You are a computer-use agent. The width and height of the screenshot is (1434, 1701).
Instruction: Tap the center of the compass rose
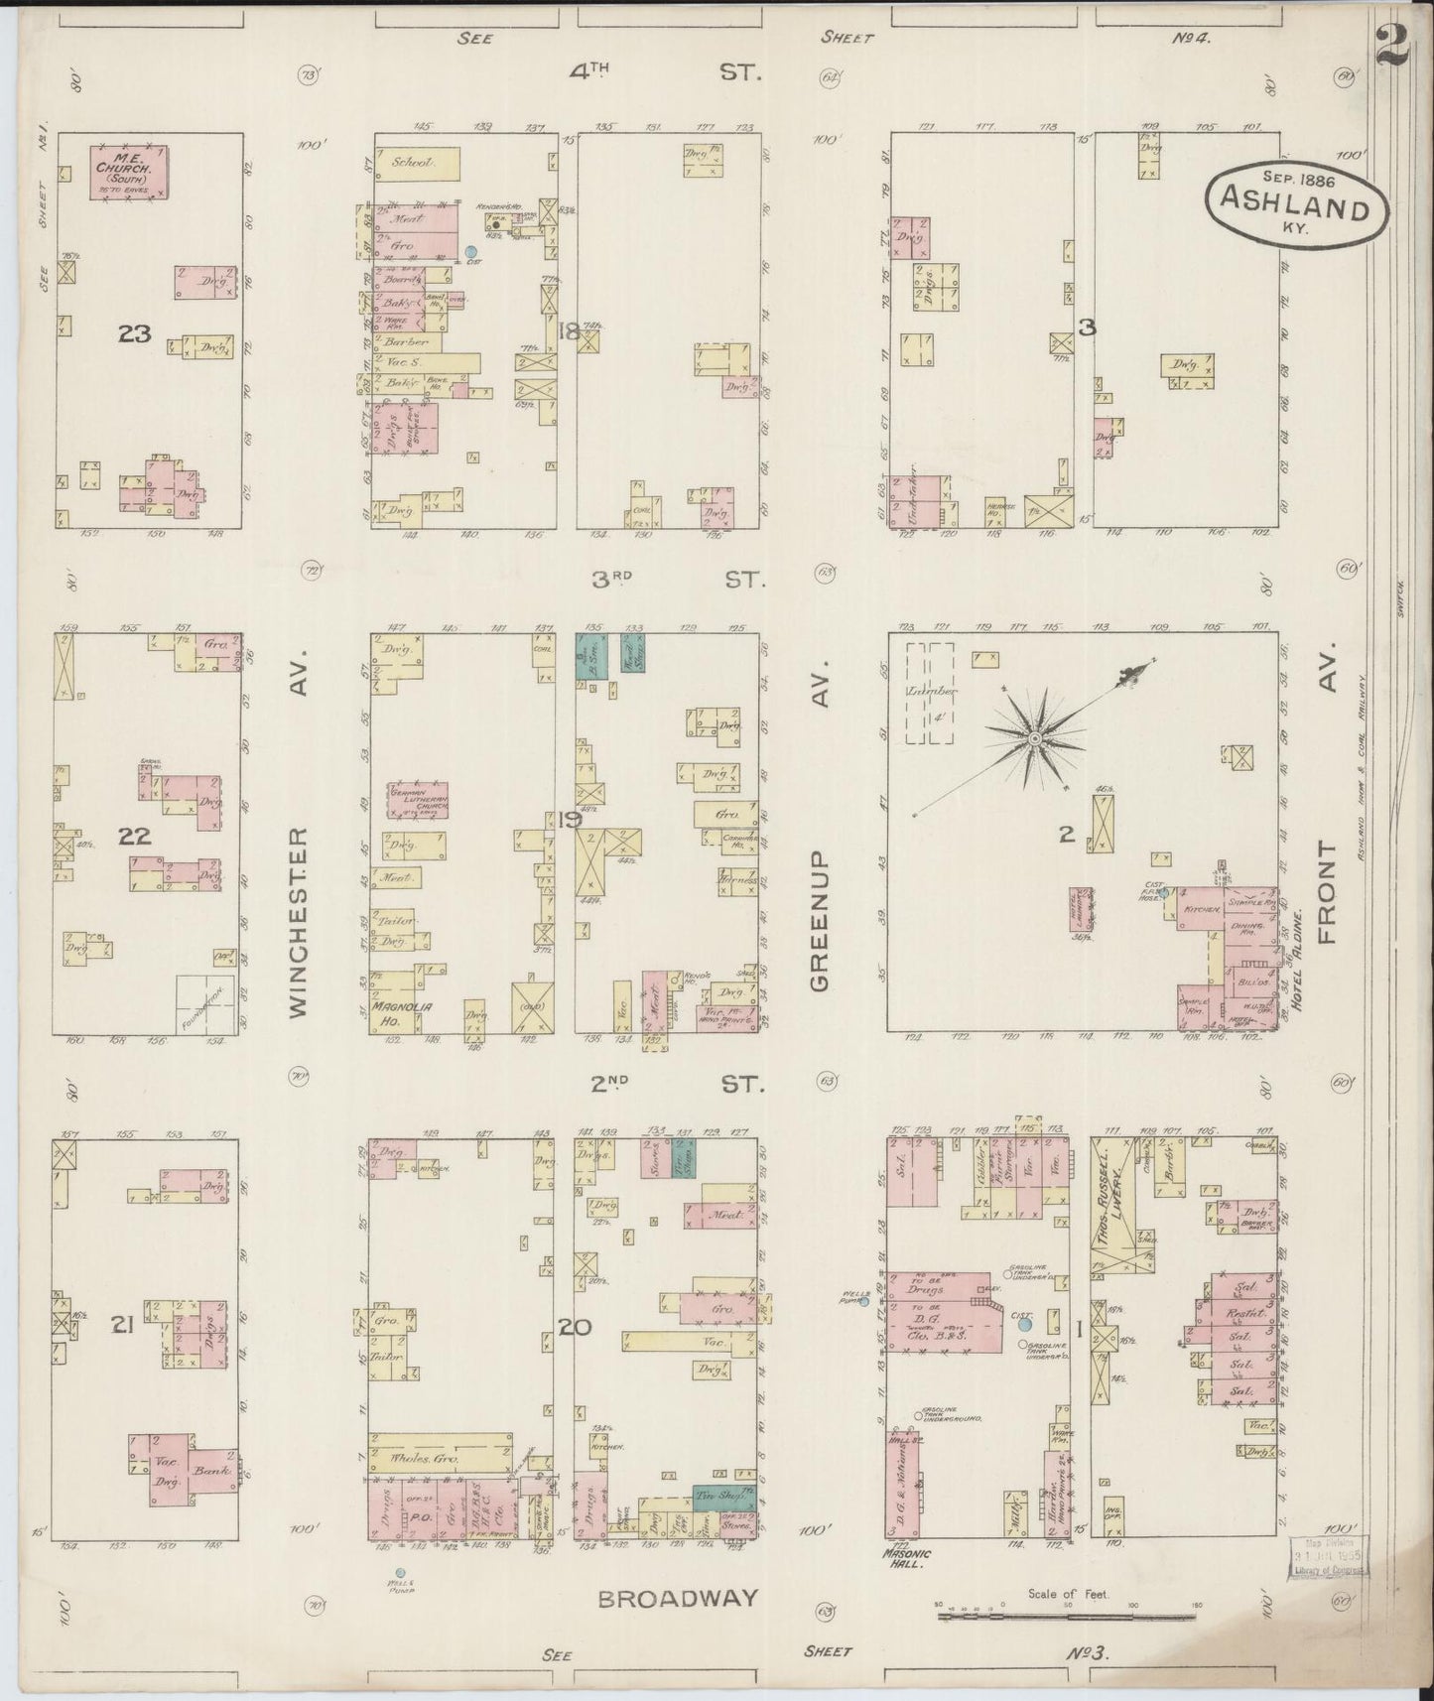[x=1033, y=739]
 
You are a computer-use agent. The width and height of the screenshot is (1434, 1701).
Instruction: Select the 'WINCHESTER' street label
[x=300, y=922]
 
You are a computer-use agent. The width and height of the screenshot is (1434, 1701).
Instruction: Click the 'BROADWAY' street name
[x=679, y=1599]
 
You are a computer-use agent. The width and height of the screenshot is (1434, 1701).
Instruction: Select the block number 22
[x=135, y=836]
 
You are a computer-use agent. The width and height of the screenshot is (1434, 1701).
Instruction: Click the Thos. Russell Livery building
[x=1113, y=1205]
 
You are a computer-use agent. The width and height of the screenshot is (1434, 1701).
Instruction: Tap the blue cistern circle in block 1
[x=1025, y=1324]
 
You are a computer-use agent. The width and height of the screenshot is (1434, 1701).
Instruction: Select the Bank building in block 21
[x=211, y=1472]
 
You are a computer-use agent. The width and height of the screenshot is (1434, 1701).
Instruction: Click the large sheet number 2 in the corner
[x=1394, y=47]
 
